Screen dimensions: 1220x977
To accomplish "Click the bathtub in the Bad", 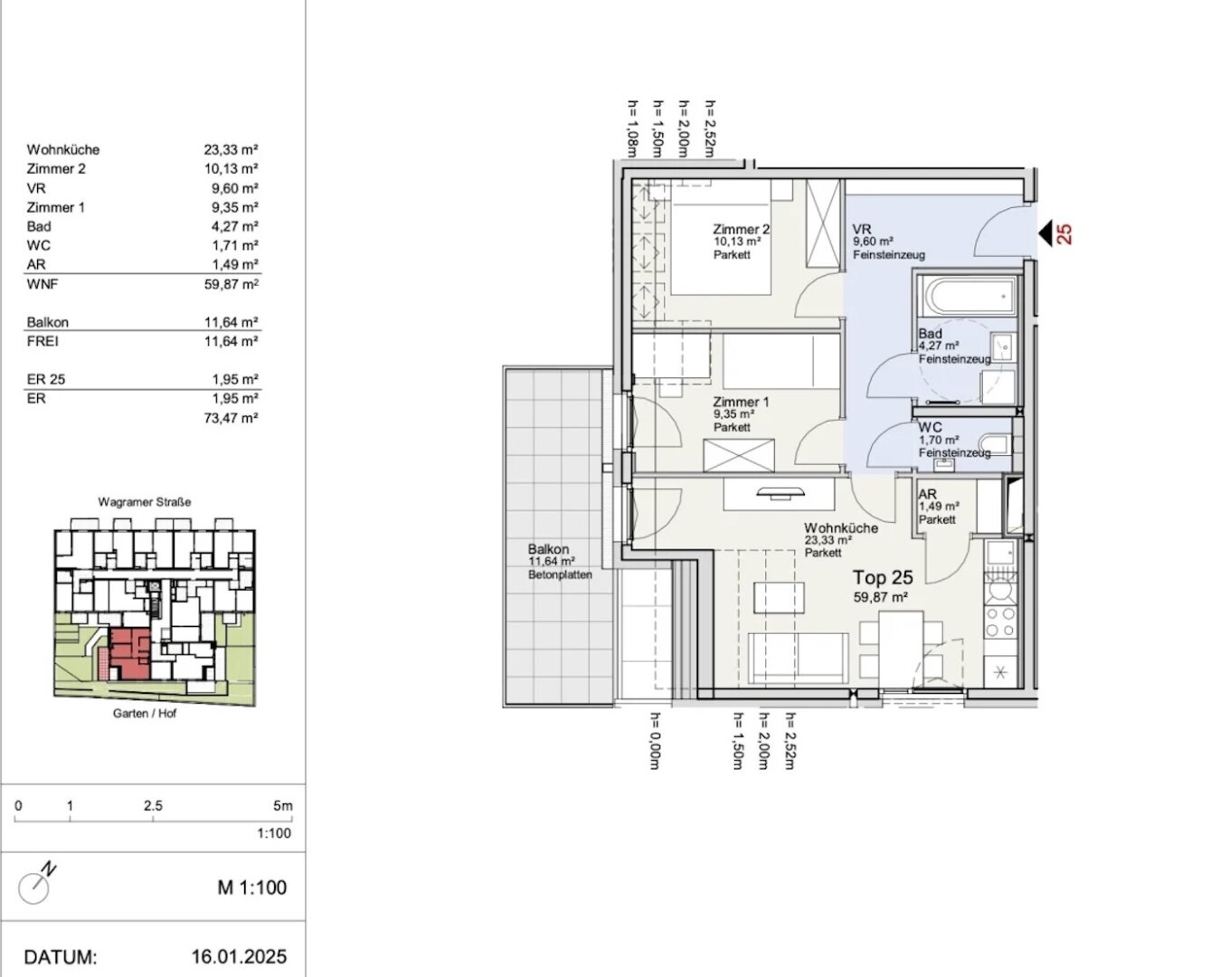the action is coord(968,296).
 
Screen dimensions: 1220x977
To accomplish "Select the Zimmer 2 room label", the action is coord(741,230).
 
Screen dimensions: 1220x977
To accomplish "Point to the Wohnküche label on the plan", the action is coord(841,528).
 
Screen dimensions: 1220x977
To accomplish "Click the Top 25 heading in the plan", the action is coord(883,577).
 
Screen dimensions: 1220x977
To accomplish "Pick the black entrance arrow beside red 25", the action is coord(1045,233).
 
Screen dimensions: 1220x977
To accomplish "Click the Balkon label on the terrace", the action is coord(548,549).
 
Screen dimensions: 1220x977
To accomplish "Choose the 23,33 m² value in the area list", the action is coord(231,149).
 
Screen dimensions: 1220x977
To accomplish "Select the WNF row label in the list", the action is coord(42,284).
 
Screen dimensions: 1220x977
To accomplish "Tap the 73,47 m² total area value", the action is coord(231,419).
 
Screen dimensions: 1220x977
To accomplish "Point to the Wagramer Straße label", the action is coord(145,502).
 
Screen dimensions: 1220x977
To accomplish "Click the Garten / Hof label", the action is coord(145,714).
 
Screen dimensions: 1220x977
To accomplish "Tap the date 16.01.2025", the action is coord(239,957).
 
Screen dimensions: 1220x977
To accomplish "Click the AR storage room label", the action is coord(928,495).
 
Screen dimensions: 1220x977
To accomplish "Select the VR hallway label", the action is coord(862,230).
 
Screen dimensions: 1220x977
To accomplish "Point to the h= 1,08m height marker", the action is coord(633,128).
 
